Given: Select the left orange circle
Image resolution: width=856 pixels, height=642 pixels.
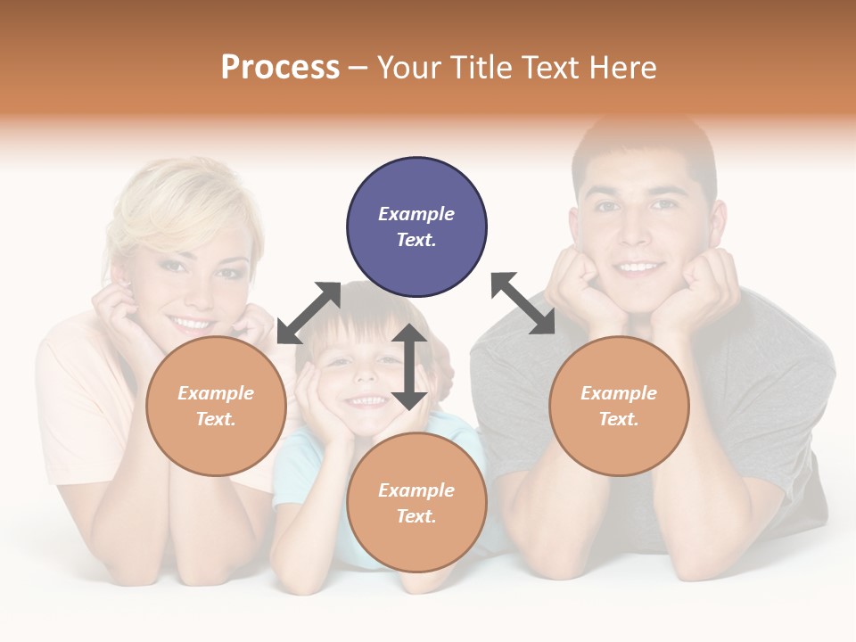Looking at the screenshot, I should (216, 406).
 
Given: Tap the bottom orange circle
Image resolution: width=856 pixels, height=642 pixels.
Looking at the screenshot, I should (416, 503).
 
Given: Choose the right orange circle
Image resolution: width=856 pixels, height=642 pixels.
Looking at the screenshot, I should (619, 406).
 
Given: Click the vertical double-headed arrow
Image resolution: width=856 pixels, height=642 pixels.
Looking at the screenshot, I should (409, 366).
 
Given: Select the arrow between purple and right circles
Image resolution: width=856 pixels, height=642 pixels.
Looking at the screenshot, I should (523, 303).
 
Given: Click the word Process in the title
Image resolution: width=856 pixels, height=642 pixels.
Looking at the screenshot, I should (280, 67).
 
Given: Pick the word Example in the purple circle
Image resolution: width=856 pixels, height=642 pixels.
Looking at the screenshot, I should (416, 214).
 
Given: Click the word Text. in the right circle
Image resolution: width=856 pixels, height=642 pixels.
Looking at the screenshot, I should (619, 418).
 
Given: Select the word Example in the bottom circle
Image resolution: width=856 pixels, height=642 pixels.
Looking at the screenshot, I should (416, 490).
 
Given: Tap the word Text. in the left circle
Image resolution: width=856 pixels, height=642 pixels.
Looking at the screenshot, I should (216, 418).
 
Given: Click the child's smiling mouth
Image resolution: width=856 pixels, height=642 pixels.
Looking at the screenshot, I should (366, 402).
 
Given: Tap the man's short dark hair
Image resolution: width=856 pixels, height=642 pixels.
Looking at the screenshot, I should (642, 147).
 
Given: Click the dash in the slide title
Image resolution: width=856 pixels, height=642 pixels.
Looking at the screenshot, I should (358, 68).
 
